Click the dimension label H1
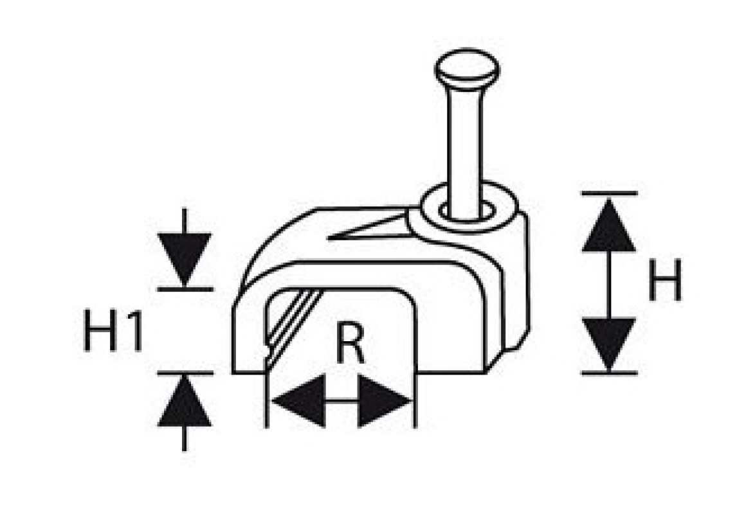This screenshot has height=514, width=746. click(x=113, y=330)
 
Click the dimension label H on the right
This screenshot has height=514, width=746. click(x=665, y=279)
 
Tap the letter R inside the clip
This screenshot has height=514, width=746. click(x=350, y=342)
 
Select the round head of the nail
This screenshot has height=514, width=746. click(x=467, y=69)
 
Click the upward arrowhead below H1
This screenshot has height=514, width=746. click(x=185, y=400)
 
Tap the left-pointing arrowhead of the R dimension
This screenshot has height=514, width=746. click(x=298, y=401)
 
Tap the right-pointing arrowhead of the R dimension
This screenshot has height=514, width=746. click(x=385, y=401)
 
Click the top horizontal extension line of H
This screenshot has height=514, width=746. click(x=610, y=193)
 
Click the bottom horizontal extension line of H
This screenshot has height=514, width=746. click(x=610, y=374)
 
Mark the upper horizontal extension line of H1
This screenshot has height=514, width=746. click(x=186, y=288)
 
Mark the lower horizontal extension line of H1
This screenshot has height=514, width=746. click(x=186, y=373)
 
